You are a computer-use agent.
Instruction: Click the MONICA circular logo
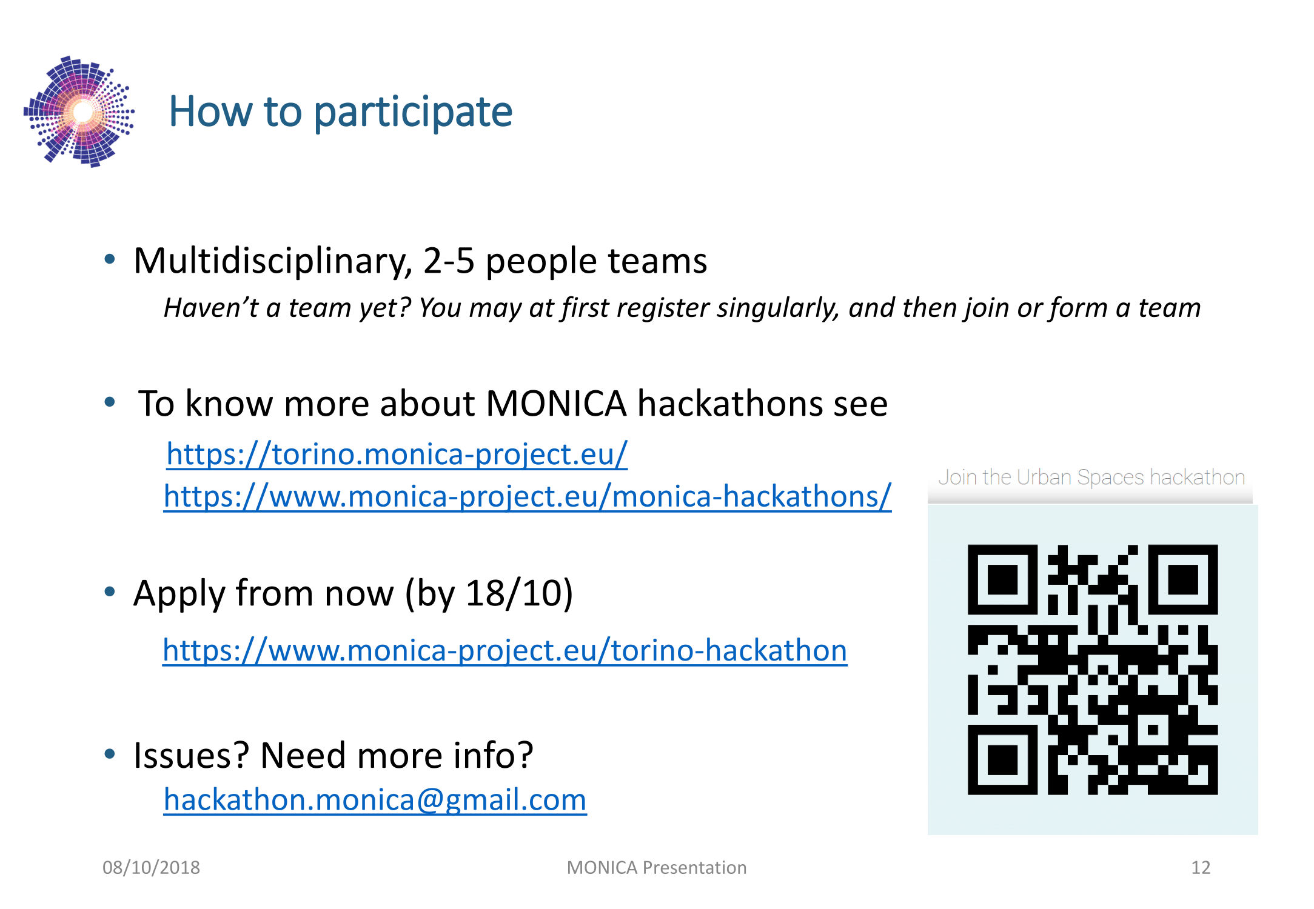[79, 112]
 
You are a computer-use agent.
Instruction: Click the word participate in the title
[413, 113]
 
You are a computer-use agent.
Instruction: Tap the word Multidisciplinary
[273, 262]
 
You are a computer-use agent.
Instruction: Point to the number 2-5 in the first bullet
[449, 261]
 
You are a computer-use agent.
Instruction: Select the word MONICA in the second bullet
[556, 404]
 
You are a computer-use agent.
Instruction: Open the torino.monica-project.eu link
[397, 454]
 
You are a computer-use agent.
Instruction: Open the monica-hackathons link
[528, 496]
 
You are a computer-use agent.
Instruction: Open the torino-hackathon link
[504, 650]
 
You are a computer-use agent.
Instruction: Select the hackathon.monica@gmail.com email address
[375, 800]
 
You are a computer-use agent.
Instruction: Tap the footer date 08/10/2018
[151, 868]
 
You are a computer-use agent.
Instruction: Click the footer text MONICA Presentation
[657, 868]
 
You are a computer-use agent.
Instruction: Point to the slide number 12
[1201, 868]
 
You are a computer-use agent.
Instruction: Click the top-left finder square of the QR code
[1003, 580]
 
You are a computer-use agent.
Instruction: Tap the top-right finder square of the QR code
[1182, 580]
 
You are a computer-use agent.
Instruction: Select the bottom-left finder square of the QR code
[1003, 759]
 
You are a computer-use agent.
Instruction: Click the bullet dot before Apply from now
[110, 591]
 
